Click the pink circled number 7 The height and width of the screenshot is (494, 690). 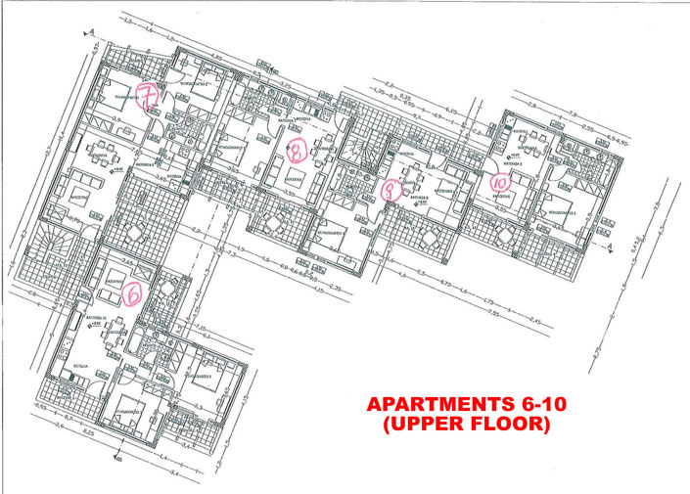[x=148, y=98]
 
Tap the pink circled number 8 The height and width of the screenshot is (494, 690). [x=298, y=149]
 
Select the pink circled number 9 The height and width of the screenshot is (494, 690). [x=390, y=191]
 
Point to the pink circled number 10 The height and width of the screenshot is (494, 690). [x=499, y=181]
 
